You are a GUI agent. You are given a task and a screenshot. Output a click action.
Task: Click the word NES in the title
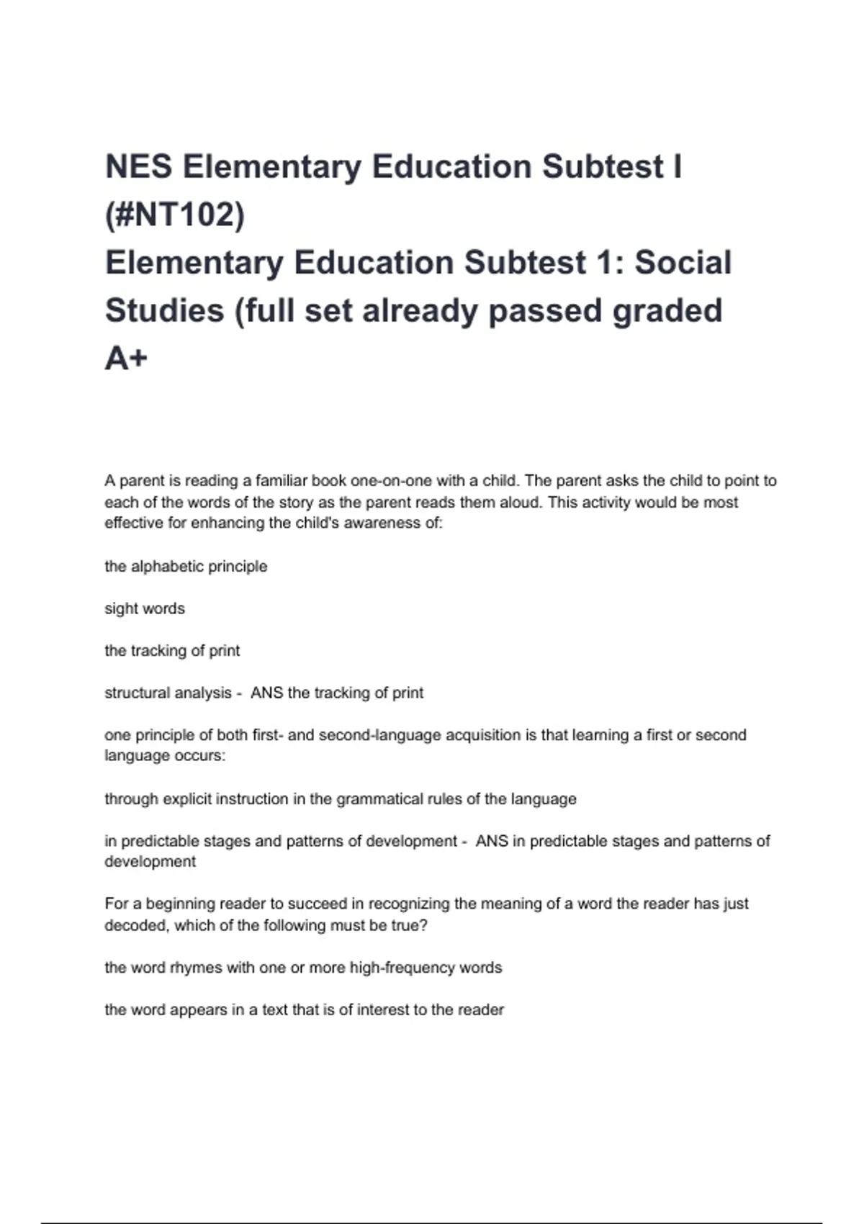click(x=139, y=167)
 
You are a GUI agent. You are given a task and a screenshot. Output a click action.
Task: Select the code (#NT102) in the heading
click(x=175, y=215)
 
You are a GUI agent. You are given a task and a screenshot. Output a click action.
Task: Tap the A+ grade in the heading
click(x=126, y=358)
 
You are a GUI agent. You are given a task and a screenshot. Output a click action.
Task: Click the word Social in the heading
click(x=683, y=263)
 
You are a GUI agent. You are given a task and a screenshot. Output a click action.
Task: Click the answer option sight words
click(x=145, y=608)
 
